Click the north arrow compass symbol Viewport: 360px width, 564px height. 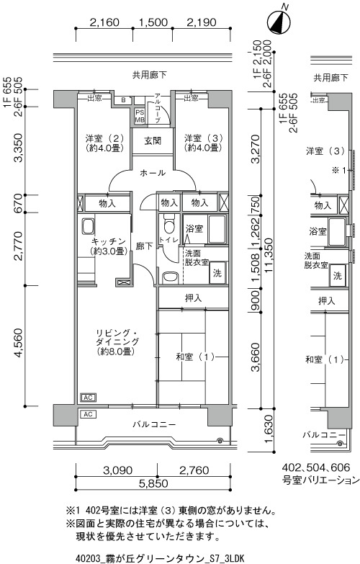coord(279,22)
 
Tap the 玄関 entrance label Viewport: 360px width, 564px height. coord(153,140)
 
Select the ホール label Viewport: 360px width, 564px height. coord(153,173)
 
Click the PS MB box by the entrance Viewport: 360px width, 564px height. coord(140,116)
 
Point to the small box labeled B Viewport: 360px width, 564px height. coord(123,100)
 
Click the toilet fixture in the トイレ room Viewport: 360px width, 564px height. coord(168,224)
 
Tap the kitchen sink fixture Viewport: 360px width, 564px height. coord(88,227)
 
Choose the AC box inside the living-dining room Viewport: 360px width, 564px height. coord(88,398)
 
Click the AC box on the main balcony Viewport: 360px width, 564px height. coord(88,414)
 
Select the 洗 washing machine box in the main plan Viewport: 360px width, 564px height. coord(217,273)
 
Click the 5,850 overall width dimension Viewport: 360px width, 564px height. coord(153,483)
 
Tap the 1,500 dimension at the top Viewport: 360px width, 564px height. coord(153,22)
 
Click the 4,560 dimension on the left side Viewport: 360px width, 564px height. coord(19,344)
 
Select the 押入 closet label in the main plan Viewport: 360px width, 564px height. coord(193,298)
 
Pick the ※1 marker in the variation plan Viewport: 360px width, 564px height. coord(338,170)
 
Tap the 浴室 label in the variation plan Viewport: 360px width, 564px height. coord(318,231)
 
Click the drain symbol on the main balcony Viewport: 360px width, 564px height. coord(220,440)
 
